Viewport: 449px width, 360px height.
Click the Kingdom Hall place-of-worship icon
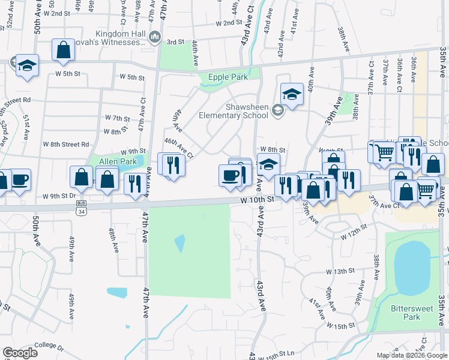[155, 37]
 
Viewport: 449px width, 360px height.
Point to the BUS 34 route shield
[81, 203]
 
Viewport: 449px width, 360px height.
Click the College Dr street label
[49, 346]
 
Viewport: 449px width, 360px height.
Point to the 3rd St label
[175, 42]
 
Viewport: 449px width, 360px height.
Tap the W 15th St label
[341, 326]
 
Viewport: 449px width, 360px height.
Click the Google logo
[20, 353]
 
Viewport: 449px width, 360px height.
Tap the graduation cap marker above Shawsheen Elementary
[292, 94]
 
